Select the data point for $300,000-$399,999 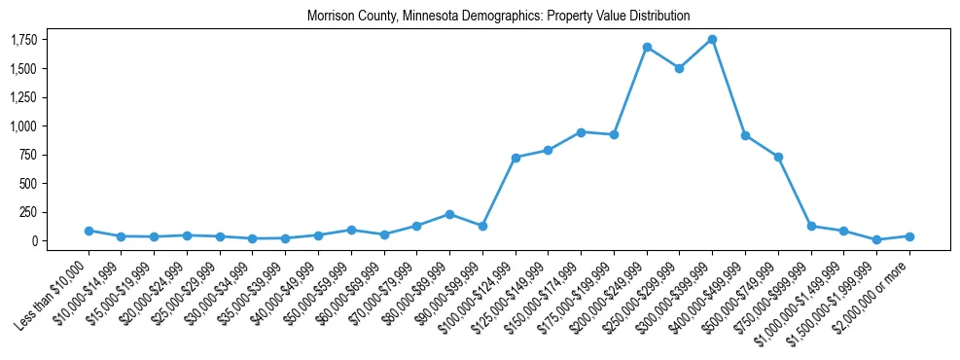tap(712, 40)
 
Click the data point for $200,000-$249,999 tap(647, 47)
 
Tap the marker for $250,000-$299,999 tap(679, 68)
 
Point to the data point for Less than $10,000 tap(89, 231)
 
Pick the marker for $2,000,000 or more tap(909, 236)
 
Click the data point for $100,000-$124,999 tap(516, 158)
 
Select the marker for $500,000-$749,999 tap(778, 157)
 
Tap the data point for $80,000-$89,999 tap(449, 214)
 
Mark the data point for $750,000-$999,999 tap(811, 226)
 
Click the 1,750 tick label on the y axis tap(24, 40)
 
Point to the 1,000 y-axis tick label tap(24, 126)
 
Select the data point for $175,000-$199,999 tap(614, 134)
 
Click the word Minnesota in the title tap(420, 17)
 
